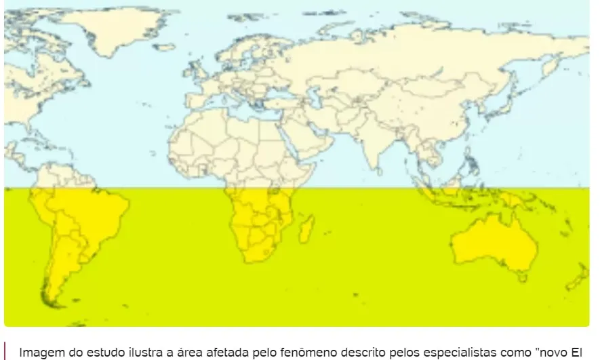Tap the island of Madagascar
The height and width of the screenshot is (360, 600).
[306, 228]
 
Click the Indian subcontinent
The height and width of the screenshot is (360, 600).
[373, 146]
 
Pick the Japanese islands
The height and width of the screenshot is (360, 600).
[500, 102]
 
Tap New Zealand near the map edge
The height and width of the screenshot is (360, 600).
[578, 276]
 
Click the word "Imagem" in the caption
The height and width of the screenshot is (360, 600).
[39, 353]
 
